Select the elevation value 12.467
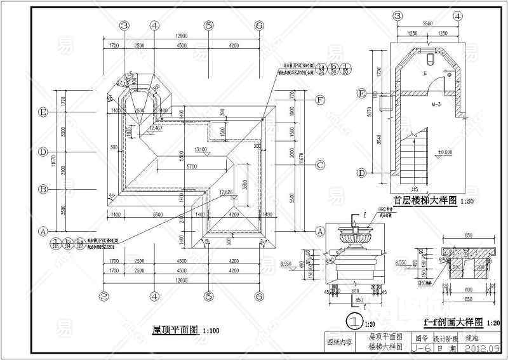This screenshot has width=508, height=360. coord(154,129)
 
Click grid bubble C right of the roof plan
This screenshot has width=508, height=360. coord(321,165)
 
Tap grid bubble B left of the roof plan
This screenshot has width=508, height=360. coord(44,189)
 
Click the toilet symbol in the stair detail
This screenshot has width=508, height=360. coord(431,59)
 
